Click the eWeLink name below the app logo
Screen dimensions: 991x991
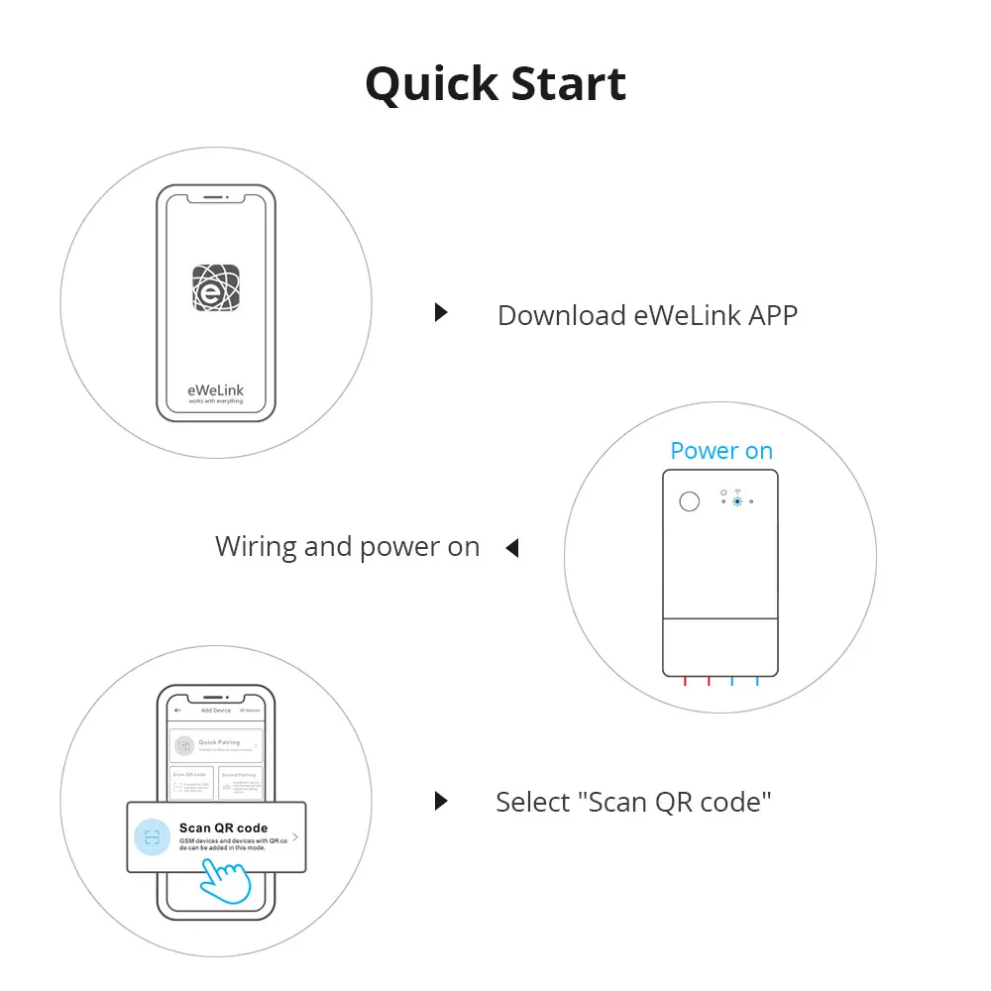point(216,390)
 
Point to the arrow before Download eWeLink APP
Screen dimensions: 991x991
point(441,313)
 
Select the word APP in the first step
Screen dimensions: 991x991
point(772,315)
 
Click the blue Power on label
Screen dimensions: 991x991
point(720,451)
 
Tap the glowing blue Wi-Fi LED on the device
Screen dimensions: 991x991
point(737,502)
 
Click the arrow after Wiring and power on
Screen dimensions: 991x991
point(511,547)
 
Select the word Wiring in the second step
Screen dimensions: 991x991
point(255,547)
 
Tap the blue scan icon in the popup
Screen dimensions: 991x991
point(152,837)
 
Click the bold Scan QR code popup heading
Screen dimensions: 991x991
point(223,827)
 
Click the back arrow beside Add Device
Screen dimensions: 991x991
point(177,711)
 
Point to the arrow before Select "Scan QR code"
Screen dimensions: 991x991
point(441,801)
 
